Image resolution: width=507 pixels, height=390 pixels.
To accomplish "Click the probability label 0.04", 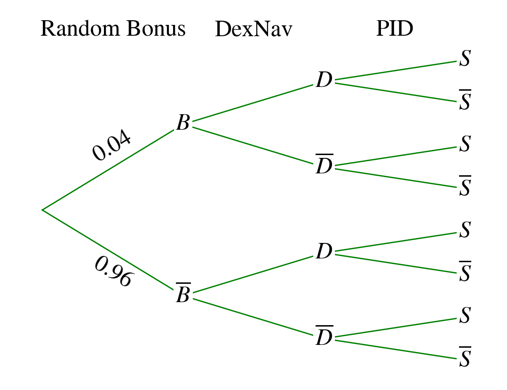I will [111, 146].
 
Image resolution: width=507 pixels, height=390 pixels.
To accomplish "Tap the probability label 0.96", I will [113, 272].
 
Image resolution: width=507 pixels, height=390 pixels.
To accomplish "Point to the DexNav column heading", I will [253, 30].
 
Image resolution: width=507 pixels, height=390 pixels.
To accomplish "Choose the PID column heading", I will [395, 29].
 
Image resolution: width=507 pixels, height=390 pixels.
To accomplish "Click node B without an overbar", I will [183, 123].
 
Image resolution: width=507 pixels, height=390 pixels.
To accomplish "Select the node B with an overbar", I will [183, 295].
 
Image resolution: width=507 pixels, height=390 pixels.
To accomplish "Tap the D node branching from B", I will [324, 80].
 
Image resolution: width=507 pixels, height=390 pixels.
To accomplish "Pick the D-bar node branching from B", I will [324, 166].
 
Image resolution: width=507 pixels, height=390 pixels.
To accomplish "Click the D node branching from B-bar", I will [324, 252].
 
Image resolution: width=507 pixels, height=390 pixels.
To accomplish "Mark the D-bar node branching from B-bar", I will [324, 337].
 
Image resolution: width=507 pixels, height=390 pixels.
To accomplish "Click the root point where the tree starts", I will [43, 210].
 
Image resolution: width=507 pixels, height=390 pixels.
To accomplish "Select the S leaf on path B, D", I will [465, 59].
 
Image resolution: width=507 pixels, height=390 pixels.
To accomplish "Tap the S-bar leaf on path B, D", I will [465, 101].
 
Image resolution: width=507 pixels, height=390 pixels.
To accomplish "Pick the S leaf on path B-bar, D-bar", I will [465, 315].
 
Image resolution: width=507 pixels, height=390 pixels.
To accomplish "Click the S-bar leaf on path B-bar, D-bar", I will [465, 358].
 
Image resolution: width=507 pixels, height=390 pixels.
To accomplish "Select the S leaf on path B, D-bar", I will [465, 144].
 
